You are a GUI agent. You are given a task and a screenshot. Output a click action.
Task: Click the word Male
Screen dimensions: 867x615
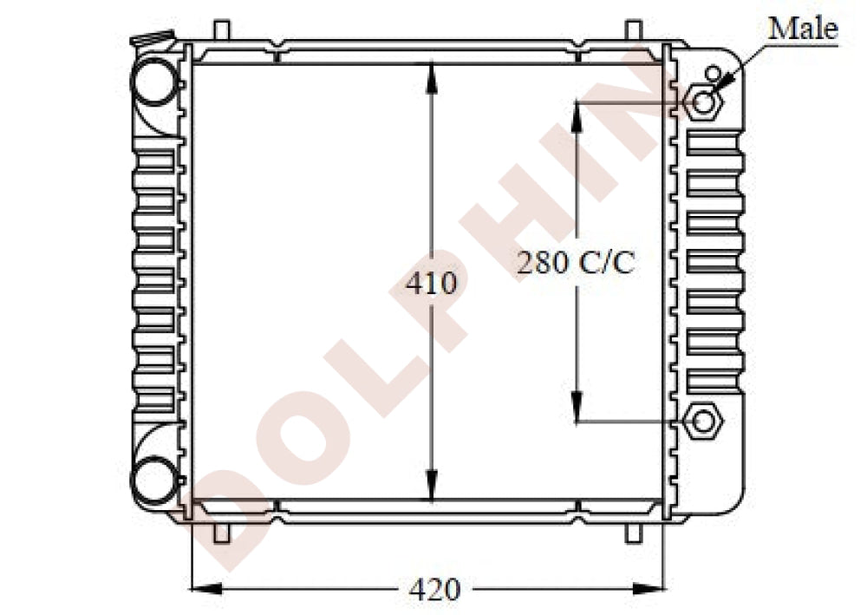(803, 29)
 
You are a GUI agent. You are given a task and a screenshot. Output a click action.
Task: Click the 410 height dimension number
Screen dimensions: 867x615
(431, 283)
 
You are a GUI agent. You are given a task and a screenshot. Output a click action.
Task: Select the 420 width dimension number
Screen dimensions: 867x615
(434, 590)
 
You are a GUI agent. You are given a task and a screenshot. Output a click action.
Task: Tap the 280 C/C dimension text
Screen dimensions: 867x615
(576, 262)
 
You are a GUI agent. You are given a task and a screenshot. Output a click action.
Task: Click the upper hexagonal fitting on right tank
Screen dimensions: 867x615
(703, 102)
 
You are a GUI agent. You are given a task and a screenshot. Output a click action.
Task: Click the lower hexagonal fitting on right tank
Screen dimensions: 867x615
(703, 422)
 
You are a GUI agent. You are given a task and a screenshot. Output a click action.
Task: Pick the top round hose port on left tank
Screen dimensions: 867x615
(155, 82)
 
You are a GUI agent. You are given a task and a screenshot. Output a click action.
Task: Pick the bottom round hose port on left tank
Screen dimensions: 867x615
(155, 480)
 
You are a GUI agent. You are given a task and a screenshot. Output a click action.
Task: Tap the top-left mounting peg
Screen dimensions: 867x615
(221, 30)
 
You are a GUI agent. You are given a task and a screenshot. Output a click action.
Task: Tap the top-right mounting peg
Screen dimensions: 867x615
(634, 30)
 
